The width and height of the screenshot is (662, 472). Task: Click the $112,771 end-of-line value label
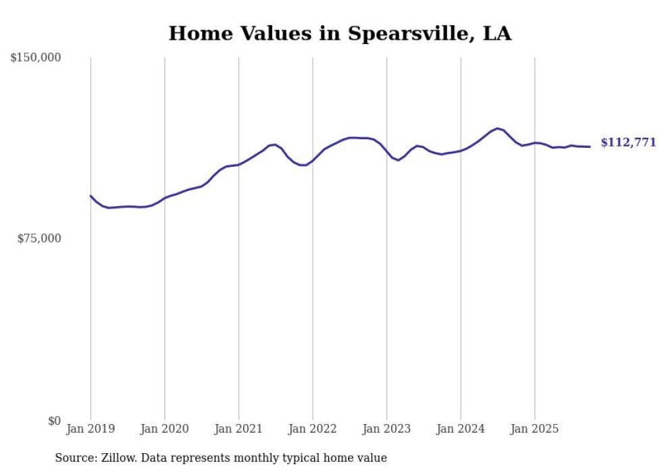point(628,142)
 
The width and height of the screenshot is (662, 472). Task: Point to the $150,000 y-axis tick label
point(35,58)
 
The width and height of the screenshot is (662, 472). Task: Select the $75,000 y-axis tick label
point(39,238)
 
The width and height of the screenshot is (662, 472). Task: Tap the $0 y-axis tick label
point(54,421)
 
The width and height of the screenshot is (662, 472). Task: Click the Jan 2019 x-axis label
point(91,429)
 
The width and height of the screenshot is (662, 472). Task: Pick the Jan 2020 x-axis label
point(165,429)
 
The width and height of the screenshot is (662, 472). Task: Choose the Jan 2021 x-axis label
point(238,429)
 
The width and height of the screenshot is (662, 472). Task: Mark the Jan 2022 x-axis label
point(313,429)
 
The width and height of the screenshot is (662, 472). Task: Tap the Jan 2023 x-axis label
point(386,429)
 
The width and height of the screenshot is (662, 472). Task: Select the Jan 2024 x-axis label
point(461,429)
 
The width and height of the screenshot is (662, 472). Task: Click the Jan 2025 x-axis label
point(534,429)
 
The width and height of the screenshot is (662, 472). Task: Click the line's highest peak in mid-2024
point(497,128)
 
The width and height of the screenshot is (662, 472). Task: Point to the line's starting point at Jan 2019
point(91,196)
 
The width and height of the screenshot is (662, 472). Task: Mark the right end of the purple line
point(590,147)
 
